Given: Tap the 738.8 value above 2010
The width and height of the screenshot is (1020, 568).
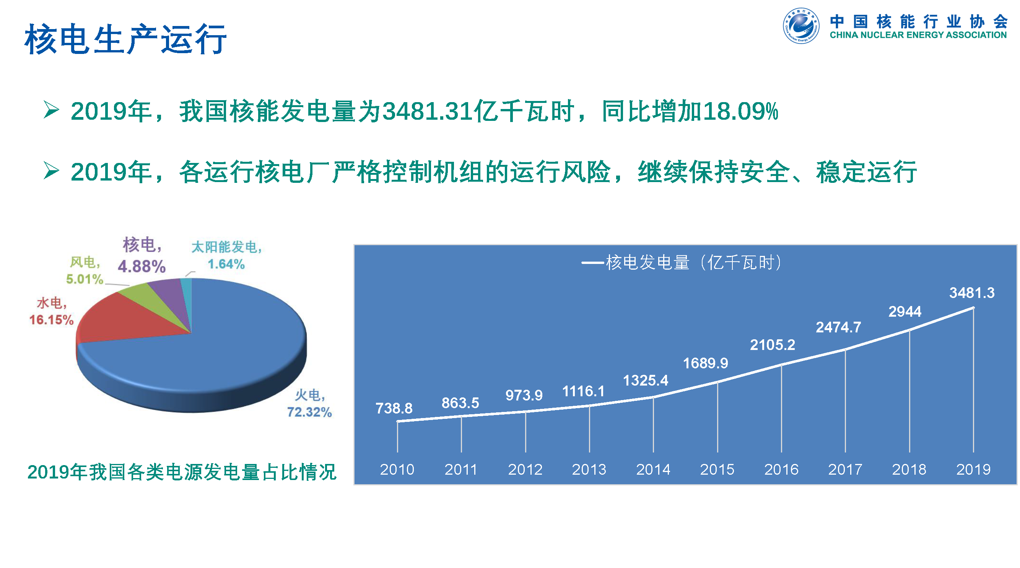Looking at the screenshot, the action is [x=394, y=408].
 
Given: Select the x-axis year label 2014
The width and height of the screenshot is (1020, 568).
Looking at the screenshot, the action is [x=653, y=469].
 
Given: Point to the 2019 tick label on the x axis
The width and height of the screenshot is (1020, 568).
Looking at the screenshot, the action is [x=973, y=469].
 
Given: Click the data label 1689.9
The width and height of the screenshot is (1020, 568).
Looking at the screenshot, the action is [x=705, y=363].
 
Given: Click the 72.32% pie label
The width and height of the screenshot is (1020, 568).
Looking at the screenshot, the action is [x=309, y=412].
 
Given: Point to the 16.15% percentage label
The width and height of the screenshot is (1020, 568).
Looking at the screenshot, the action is [x=52, y=320].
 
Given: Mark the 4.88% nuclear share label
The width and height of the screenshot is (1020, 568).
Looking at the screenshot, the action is [x=142, y=266].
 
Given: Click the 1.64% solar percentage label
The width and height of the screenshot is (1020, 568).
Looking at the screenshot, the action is [x=226, y=264].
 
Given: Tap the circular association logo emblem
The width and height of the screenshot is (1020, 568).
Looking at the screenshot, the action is [x=800, y=25].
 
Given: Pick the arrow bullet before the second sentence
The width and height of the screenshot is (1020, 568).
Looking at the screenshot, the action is [x=51, y=171].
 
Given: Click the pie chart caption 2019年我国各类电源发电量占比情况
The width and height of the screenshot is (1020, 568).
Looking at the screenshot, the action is [x=182, y=472].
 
